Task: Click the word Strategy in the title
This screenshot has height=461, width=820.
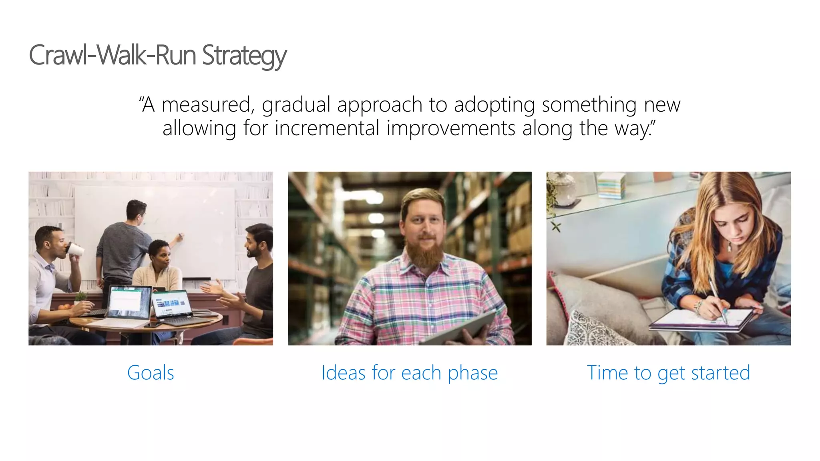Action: [x=244, y=56]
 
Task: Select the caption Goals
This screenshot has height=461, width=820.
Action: [x=151, y=373]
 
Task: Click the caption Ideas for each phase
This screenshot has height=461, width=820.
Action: [x=409, y=373]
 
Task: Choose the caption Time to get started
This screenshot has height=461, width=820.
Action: [x=668, y=373]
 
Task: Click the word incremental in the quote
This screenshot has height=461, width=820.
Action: [x=327, y=129]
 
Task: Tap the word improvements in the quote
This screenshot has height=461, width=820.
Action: [x=451, y=129]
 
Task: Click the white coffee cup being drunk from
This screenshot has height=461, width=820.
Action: [x=76, y=250]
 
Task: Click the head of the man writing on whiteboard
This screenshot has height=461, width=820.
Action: [x=137, y=211]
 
